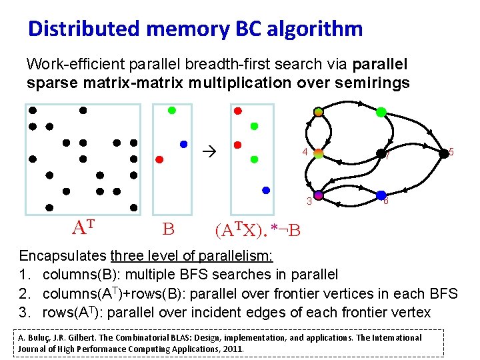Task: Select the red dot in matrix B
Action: pyautogui.click(x=159, y=159)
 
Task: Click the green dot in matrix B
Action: pyautogui.click(x=171, y=110)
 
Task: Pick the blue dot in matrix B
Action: pyautogui.click(x=184, y=144)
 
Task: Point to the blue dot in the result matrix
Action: pyautogui.click(x=266, y=190)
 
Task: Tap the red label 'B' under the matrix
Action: pyautogui.click(x=168, y=230)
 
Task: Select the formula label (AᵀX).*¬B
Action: pyautogui.click(x=257, y=231)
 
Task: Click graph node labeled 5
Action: pyautogui.click(x=443, y=153)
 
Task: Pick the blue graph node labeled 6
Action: pyautogui.click(x=380, y=195)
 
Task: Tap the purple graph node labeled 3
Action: pyautogui.click(x=319, y=195)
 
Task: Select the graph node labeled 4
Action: pyautogui.click(x=319, y=154)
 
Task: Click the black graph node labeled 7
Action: pyautogui.click(x=380, y=154)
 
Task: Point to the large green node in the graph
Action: pyautogui.click(x=381, y=112)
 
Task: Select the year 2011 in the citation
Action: pyautogui.click(x=232, y=349)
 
